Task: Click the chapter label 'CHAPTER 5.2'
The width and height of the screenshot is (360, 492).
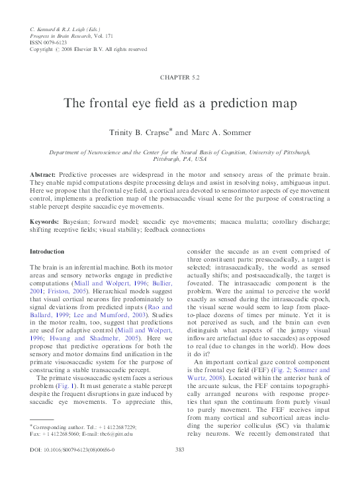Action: (179, 77)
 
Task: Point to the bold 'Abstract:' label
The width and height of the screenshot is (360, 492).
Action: (44, 173)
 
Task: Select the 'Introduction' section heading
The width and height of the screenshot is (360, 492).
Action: (48, 252)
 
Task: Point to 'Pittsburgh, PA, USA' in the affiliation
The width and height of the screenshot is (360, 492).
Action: (180, 160)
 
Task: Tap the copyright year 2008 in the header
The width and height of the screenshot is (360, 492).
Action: (73, 50)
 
